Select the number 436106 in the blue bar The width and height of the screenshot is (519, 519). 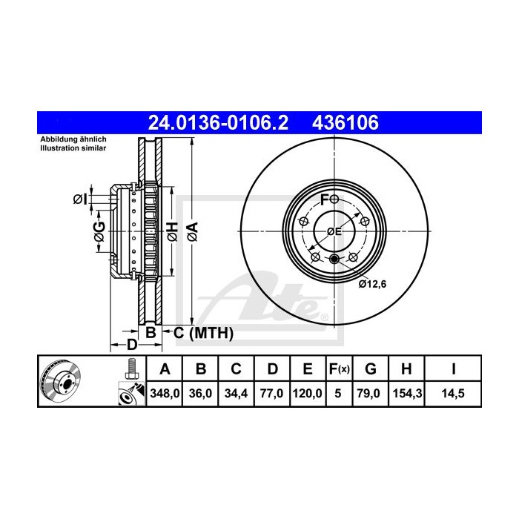pos(348,122)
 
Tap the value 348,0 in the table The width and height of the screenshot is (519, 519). pos(165,395)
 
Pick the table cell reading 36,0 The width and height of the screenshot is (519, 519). pos(200,395)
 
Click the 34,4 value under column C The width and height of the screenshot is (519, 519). pos(235,395)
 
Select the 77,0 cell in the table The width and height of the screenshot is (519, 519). pos(270,395)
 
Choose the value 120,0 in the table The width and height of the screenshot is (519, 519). pos(306,395)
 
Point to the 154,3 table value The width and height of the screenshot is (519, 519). pos(410,395)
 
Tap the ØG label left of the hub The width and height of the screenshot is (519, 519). pos(99,231)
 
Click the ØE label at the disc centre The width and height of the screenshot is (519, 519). pos(334,232)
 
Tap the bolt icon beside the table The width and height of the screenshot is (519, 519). pos(130,369)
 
